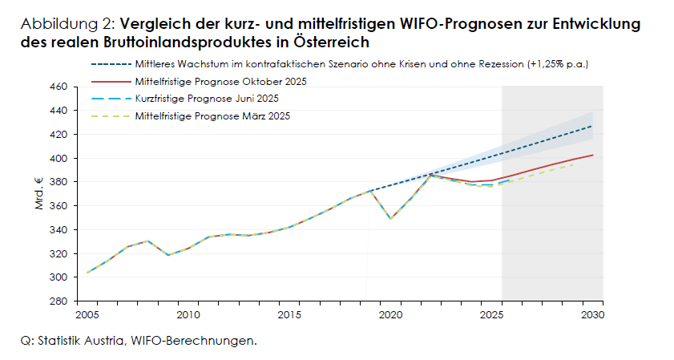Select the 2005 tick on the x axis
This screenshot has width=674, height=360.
point(87,313)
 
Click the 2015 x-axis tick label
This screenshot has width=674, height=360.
point(289,313)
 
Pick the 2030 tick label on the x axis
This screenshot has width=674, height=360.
point(592,313)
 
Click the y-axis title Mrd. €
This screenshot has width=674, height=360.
point(38,193)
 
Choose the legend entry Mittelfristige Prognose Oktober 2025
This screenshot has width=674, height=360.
point(221,82)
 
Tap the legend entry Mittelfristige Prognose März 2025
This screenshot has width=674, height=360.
point(212,116)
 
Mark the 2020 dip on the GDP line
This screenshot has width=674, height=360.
point(390,218)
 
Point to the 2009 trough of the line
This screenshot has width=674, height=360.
point(167,255)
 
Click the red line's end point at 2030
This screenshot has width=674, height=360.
point(592,155)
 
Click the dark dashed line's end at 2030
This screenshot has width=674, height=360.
point(592,126)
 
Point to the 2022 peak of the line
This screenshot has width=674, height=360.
point(430,174)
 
